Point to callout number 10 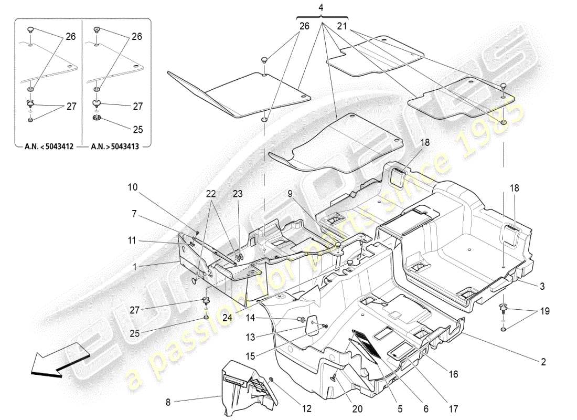pos(133,186)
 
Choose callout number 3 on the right pos(542,286)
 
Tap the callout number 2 pos(543,362)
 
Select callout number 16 pos(453,374)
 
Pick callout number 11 pos(131,240)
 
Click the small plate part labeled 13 pos(312,324)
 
